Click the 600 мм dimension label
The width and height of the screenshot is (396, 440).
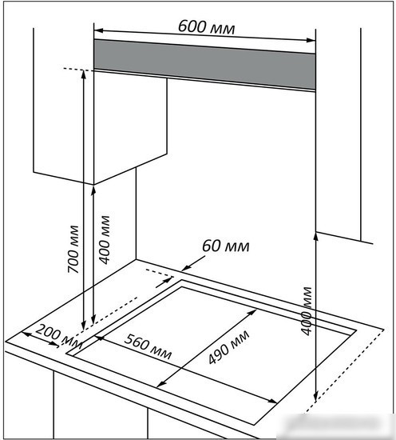point(207,27)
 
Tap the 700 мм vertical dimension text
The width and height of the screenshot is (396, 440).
point(73,249)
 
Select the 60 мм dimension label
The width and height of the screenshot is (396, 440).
point(225,246)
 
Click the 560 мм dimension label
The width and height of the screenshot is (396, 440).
point(148,346)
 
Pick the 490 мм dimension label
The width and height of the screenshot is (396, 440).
point(229,347)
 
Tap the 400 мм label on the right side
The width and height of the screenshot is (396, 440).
point(307,311)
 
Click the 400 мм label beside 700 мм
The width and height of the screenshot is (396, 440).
point(105,240)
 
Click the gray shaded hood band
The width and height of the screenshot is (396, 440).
point(204,64)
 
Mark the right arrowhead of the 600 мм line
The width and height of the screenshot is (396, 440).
point(311,40)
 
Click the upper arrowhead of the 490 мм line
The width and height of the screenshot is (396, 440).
point(252,312)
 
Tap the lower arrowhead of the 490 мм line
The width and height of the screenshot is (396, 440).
point(160,384)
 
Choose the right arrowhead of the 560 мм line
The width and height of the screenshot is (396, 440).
point(273,402)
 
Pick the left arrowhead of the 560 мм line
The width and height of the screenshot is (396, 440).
point(100,338)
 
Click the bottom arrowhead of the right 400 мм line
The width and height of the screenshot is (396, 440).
point(315,398)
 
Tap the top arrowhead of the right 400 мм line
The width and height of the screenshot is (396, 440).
point(315,237)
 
